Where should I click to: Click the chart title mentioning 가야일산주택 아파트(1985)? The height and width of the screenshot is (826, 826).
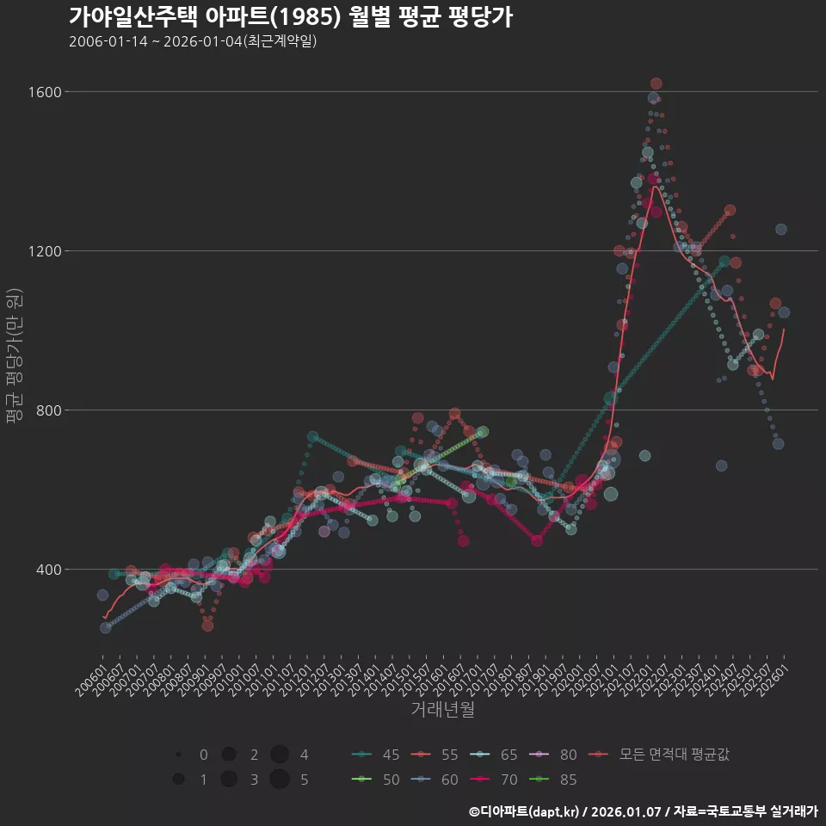(x=291, y=16)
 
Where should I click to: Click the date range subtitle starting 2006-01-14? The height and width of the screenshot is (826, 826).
(x=193, y=41)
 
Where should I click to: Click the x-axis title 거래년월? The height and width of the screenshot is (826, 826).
(x=442, y=710)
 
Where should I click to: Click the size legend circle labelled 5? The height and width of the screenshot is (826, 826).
(x=279, y=780)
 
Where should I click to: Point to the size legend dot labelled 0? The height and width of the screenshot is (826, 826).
(x=178, y=755)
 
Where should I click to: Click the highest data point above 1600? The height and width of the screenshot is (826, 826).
(x=656, y=83)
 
